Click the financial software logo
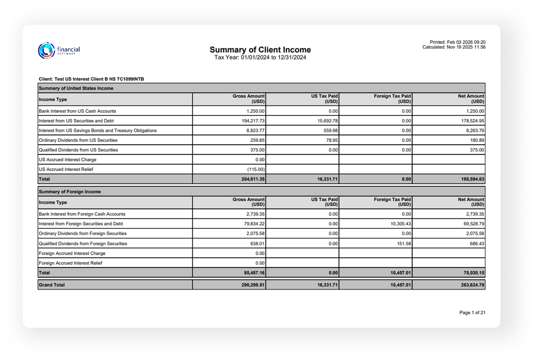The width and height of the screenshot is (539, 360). (x=59, y=51)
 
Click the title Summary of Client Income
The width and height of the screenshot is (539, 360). (x=260, y=50)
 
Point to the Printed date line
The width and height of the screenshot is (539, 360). (x=457, y=42)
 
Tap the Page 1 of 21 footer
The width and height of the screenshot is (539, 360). (x=472, y=313)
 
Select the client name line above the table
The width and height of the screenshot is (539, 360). (x=91, y=79)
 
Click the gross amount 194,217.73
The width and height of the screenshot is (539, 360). (x=253, y=121)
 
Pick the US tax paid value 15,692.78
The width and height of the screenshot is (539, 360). (x=327, y=121)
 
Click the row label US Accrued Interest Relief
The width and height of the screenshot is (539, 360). (x=66, y=169)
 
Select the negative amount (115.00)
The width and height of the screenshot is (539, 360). (x=256, y=169)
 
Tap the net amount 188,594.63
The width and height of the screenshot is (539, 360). (x=472, y=179)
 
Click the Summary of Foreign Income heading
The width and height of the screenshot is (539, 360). (x=70, y=192)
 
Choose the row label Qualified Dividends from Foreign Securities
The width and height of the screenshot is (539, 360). (x=83, y=244)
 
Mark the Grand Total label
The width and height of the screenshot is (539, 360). (x=52, y=285)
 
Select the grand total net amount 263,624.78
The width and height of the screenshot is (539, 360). (x=472, y=285)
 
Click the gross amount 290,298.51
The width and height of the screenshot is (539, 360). (x=253, y=285)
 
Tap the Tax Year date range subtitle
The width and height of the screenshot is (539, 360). (x=260, y=57)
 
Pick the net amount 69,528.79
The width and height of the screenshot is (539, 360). (x=474, y=224)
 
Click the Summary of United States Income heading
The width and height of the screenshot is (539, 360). (x=76, y=88)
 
